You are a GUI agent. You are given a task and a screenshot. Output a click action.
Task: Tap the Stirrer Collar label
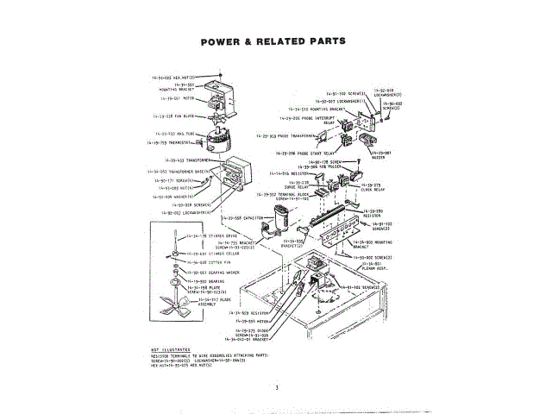tap(192, 254)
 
